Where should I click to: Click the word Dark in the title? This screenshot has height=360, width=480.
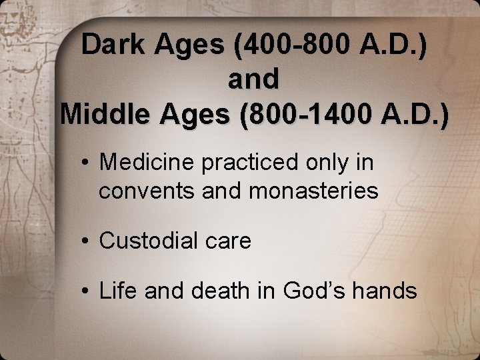click(x=113, y=45)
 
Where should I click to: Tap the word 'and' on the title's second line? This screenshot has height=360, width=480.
click(x=253, y=79)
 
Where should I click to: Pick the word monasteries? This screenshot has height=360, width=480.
click(x=313, y=192)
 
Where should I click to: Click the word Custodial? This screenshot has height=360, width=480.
click(x=148, y=241)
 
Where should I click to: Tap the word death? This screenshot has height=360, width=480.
click(x=217, y=290)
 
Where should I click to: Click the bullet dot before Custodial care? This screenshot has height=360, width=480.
click(x=87, y=241)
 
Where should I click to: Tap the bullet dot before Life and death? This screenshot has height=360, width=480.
click(x=87, y=291)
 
